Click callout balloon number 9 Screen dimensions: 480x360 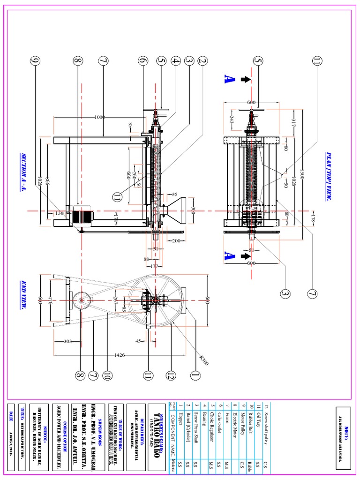click(35, 60)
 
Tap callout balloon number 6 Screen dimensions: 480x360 click(143, 60)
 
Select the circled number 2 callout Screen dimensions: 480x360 click(202, 60)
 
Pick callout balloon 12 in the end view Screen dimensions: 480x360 click(172, 375)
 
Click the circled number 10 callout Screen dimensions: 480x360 click(107, 375)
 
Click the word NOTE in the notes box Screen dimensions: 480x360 click(345, 426)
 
